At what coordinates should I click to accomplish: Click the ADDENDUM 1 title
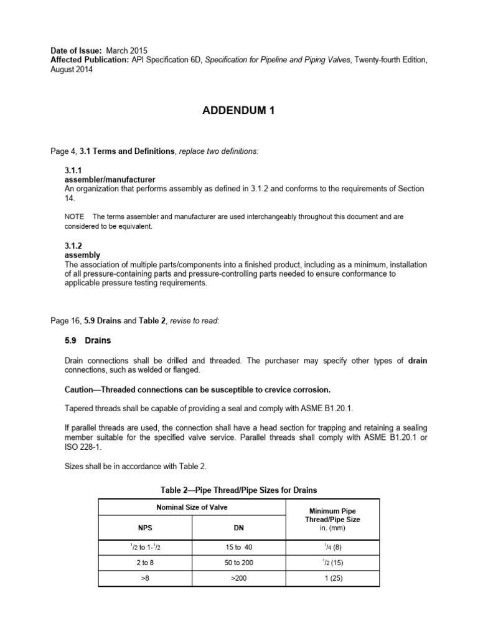238,111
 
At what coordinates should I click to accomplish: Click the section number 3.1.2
74,247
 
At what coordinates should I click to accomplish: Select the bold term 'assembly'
82,255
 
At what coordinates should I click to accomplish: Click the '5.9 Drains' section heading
88,341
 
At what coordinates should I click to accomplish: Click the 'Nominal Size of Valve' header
192,508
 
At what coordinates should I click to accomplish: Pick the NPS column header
145,527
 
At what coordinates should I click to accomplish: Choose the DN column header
238,527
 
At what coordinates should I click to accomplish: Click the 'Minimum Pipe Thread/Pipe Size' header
332,519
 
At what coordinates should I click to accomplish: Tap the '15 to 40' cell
238,548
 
